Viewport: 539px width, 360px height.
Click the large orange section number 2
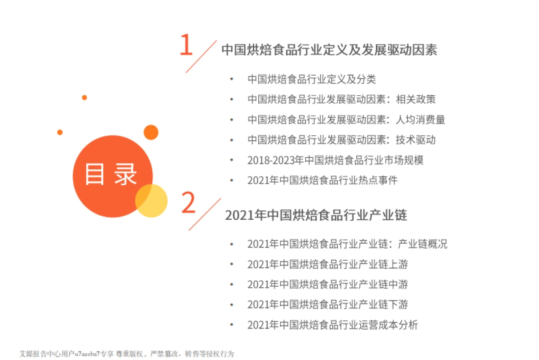pos(188,203)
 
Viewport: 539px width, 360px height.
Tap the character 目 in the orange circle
pos(95,174)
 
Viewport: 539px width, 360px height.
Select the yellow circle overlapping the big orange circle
pos(151,201)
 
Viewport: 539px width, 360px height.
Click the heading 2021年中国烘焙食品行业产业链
pos(316,215)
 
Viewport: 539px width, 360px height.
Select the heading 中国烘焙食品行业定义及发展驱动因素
pos(329,50)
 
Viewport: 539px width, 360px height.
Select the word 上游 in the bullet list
pos(398,264)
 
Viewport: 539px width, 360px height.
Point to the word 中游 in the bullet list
pos(398,284)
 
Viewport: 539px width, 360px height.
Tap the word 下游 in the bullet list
pos(398,305)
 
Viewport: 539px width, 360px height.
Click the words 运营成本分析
pos(393,325)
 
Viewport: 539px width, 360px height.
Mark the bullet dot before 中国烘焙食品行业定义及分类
pos(231,79)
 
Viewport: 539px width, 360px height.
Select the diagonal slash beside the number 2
pos(204,214)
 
